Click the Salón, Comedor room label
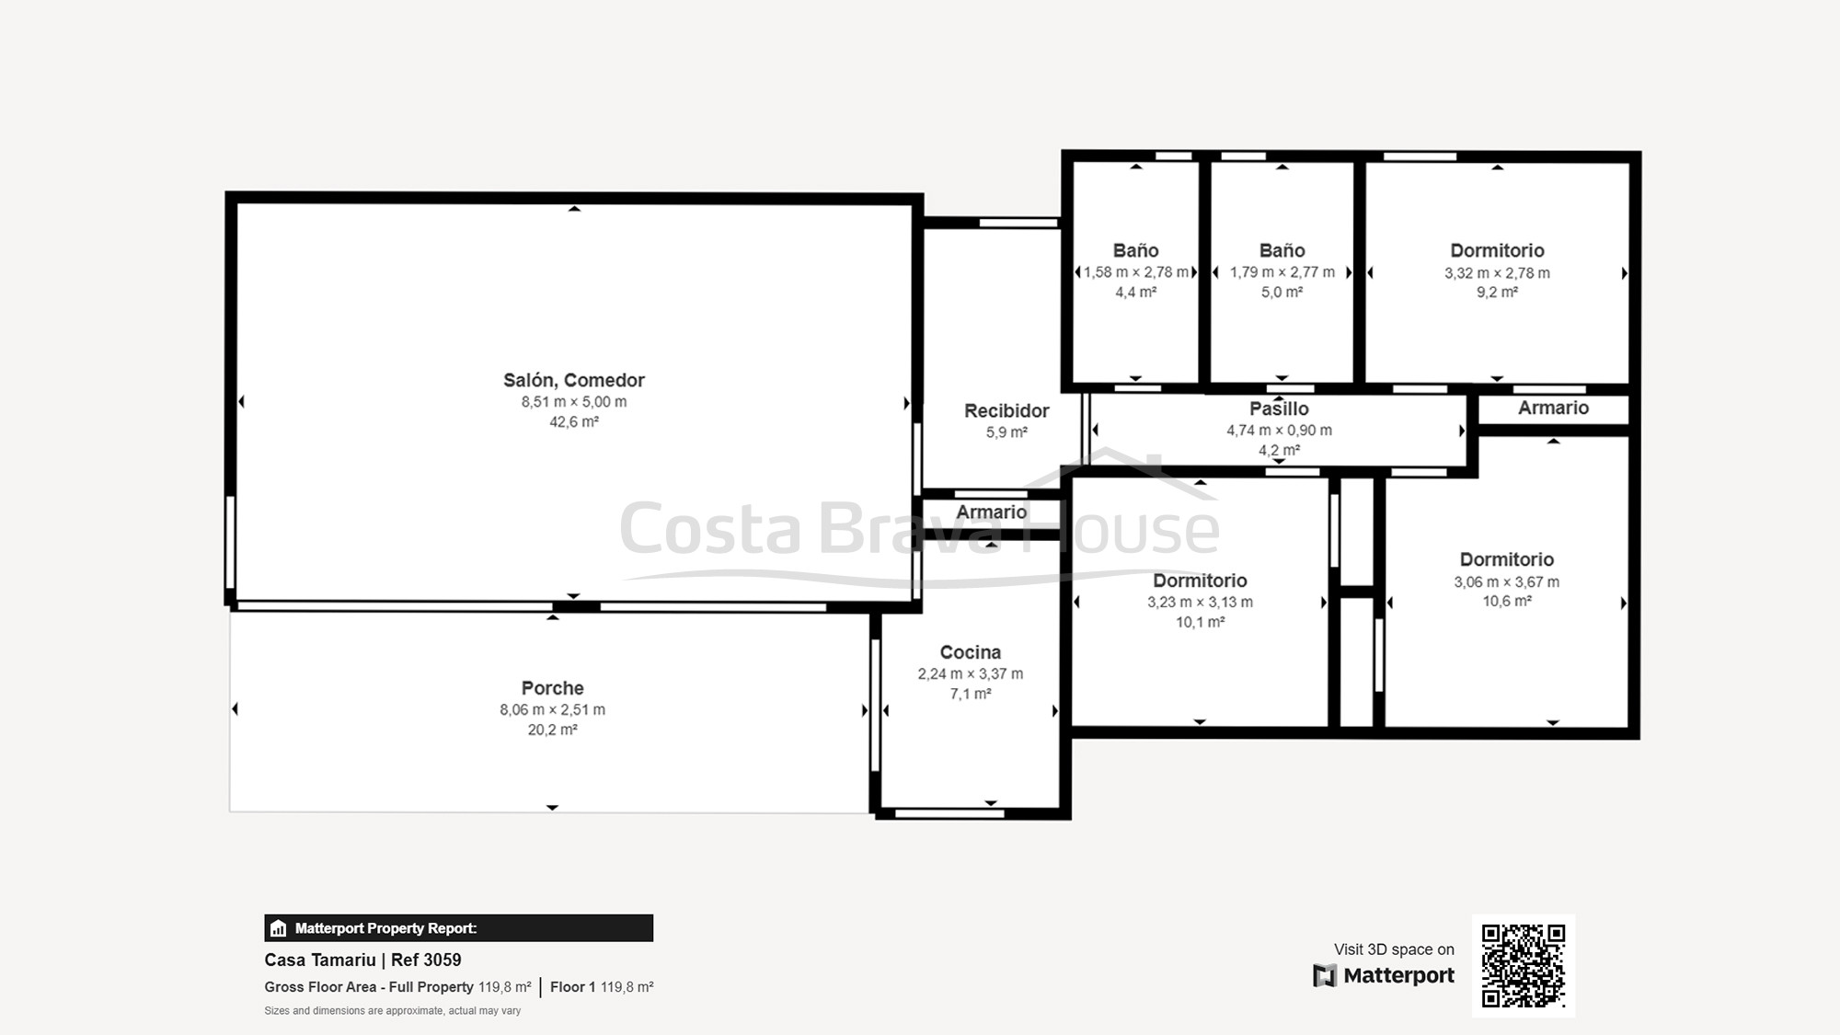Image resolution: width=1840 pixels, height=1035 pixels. (574, 380)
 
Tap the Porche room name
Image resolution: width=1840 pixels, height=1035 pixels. (552, 688)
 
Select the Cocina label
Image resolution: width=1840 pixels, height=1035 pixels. (971, 652)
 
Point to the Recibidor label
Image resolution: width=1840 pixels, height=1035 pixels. (1006, 410)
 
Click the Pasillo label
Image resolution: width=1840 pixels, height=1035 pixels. (1279, 408)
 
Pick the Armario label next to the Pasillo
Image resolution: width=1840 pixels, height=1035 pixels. (1553, 408)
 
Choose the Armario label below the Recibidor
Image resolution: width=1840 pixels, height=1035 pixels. (991, 512)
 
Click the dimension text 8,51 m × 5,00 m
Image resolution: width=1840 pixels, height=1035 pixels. (574, 402)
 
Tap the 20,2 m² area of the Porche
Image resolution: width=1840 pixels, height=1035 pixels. (552, 730)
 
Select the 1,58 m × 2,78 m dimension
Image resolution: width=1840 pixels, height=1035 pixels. (1136, 272)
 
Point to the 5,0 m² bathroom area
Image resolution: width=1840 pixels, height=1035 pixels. (1282, 293)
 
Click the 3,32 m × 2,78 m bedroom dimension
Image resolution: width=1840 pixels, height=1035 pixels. (1497, 273)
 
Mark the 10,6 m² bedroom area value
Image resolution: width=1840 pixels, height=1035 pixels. (1507, 602)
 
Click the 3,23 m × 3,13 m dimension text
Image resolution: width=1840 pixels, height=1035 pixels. (1200, 603)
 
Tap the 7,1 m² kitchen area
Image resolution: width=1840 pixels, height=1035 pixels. (971, 695)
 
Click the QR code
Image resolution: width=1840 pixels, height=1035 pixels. (1524, 966)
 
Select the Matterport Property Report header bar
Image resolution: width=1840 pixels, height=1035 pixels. (459, 928)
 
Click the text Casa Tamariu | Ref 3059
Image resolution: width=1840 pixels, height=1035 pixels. (362, 960)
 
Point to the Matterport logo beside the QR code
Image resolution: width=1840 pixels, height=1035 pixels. (1384, 975)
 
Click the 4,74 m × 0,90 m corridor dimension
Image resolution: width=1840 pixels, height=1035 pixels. (1279, 431)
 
